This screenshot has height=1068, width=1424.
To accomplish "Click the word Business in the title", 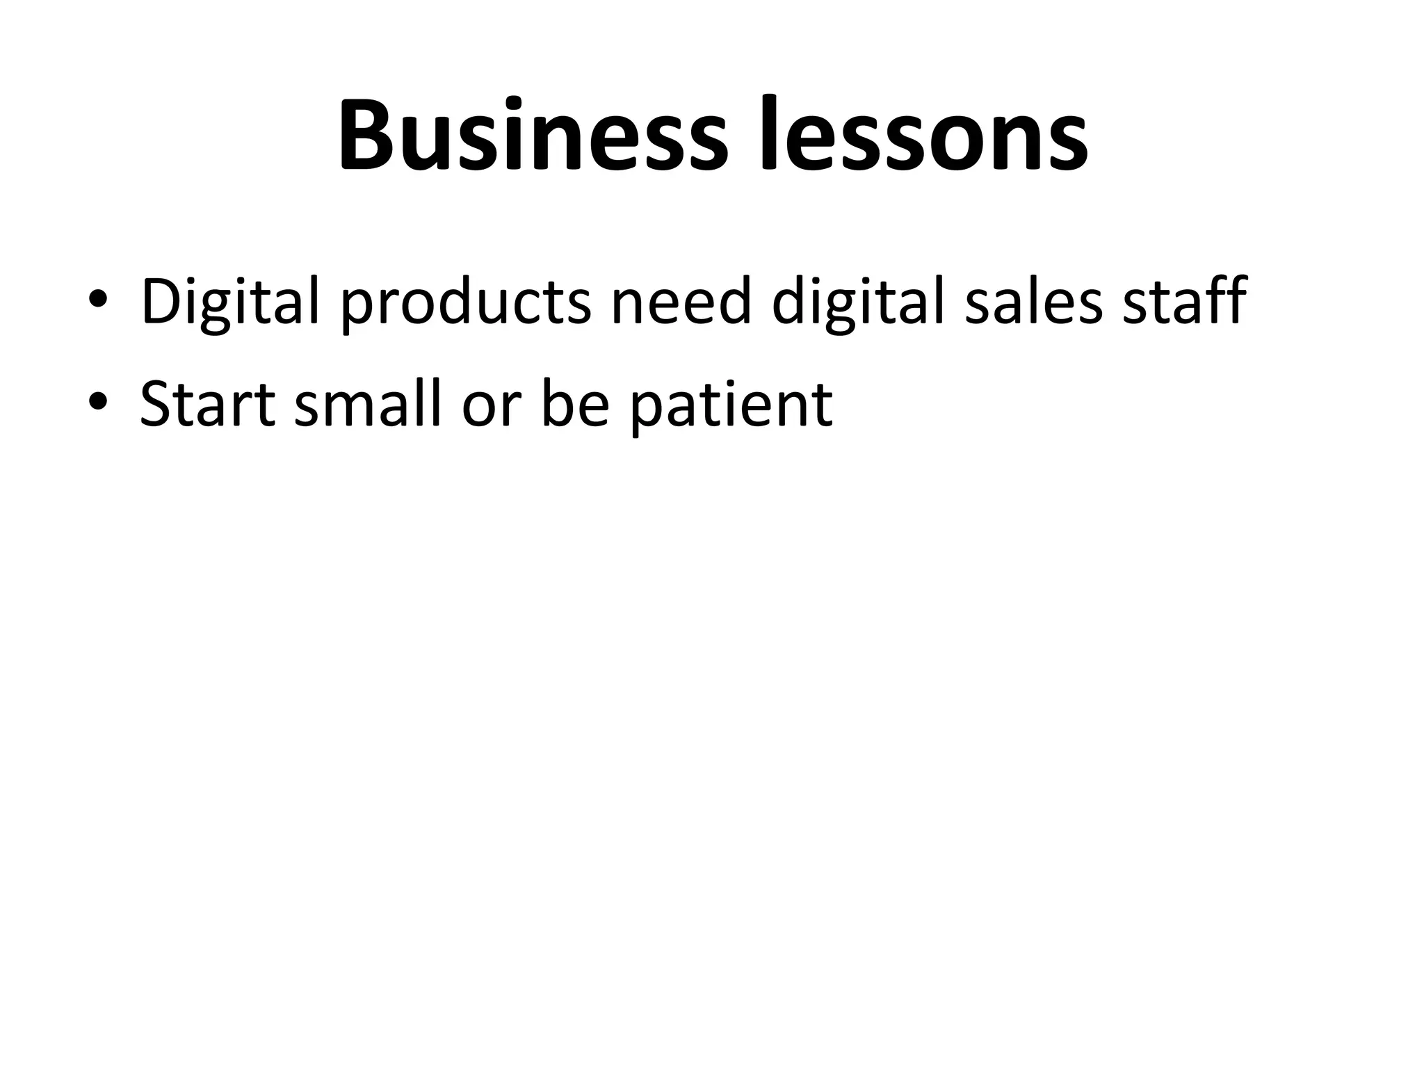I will [533, 135].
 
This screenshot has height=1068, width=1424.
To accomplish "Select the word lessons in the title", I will [924, 135].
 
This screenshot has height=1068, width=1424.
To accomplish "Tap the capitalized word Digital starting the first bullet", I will [230, 301].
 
